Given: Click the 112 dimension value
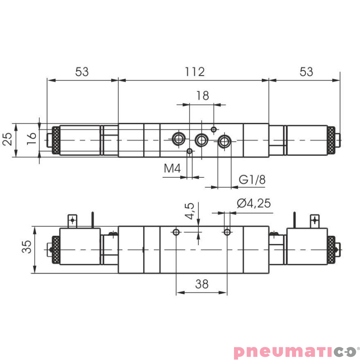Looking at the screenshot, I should coord(194,72).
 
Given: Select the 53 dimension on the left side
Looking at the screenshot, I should coord(81,72).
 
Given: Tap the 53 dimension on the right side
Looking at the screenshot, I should coord(306,72).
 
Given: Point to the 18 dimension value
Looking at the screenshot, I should coord(202,95).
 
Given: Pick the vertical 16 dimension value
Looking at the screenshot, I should coord(31,138).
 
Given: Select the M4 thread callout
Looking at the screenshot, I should coord(172,169).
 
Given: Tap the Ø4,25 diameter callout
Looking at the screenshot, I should coord(254,203).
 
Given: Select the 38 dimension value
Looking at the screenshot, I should coord(202,283).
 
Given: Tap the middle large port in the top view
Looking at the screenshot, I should coord(201,140).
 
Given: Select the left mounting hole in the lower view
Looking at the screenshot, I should coord(176,232).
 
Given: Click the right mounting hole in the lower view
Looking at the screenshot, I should coord(228,232).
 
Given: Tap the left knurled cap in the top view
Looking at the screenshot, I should coord(56,140).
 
